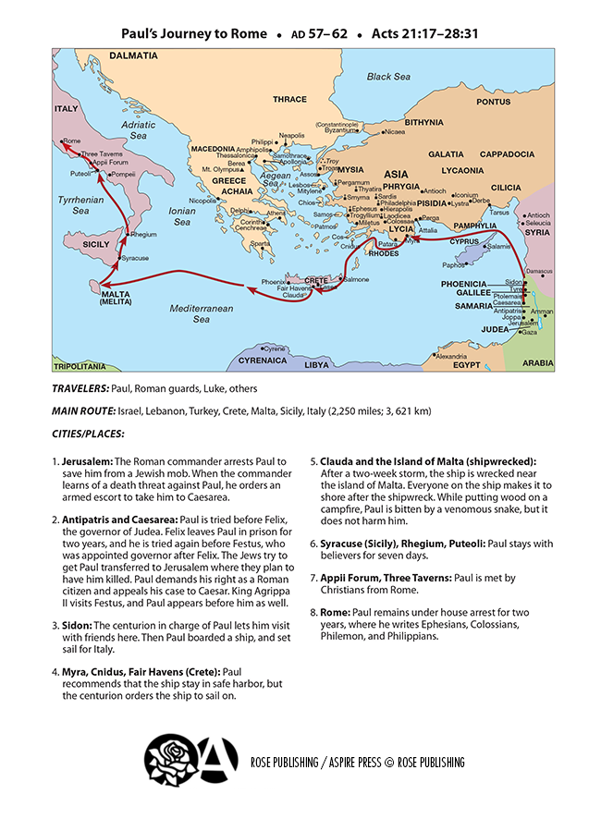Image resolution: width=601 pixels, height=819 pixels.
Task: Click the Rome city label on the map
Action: pos(70,141)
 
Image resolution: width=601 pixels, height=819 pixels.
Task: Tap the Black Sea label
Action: pos(387,77)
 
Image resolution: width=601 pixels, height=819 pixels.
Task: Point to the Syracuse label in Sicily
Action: pos(134,258)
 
